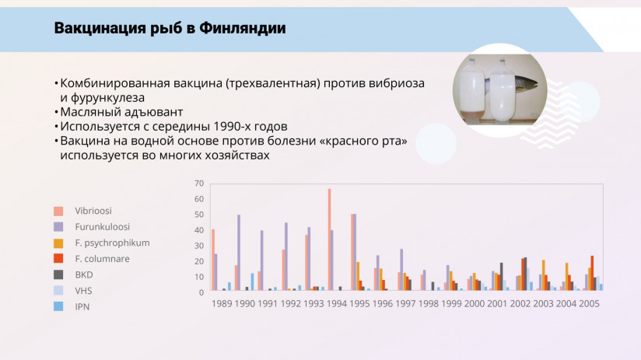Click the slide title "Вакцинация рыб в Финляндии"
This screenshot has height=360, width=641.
pyautogui.click(x=170, y=30)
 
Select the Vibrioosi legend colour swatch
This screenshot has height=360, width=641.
pyautogui.click(x=58, y=211)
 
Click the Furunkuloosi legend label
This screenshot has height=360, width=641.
pyautogui.click(x=101, y=227)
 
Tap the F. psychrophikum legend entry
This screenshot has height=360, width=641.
pyautogui.click(x=112, y=243)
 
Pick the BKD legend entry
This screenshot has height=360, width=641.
pyautogui.click(x=83, y=274)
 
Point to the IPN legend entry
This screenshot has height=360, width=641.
pyautogui.click(x=82, y=306)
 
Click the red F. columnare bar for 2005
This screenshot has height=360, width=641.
pyautogui.click(x=592, y=273)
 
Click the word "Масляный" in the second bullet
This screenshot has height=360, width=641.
pyautogui.click(x=86, y=112)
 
